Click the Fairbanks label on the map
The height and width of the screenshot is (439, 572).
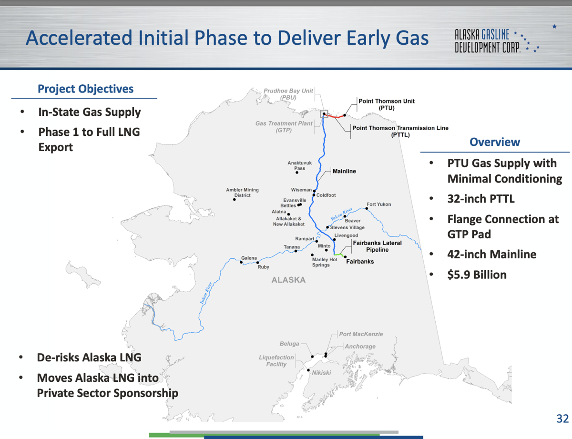click(x=359, y=262)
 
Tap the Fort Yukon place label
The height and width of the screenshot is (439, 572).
click(x=378, y=204)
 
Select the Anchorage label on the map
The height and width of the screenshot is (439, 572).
click(x=360, y=347)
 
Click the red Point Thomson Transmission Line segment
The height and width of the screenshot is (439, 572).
click(x=336, y=116)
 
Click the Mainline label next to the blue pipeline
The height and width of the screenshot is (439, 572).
click(x=344, y=171)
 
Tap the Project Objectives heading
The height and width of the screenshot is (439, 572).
click(x=85, y=89)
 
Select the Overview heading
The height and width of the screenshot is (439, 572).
click(x=495, y=142)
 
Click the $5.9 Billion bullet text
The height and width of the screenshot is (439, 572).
click(x=477, y=275)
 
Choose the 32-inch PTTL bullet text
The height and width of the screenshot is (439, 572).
click(x=481, y=199)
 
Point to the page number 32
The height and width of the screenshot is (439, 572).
click(x=562, y=419)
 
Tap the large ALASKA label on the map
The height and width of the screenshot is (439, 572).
click(x=288, y=280)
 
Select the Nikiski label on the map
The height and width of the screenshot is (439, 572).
click(x=321, y=373)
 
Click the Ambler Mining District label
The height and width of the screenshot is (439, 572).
click(x=242, y=193)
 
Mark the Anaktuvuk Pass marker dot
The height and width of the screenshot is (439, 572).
click(x=297, y=172)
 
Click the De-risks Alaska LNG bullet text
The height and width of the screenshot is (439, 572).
click(x=89, y=357)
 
